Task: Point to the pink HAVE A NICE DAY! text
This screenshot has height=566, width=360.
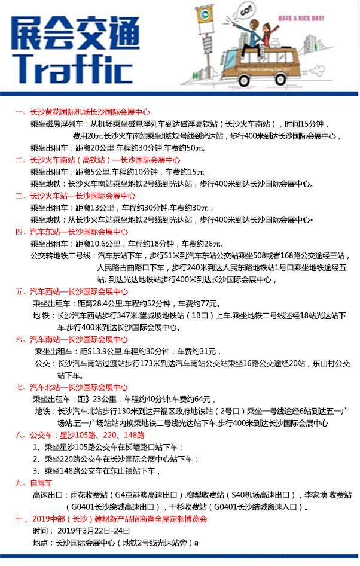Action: tap(302, 18)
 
